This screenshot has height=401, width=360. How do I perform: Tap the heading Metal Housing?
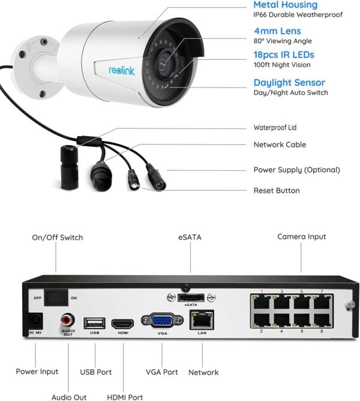click(x=285, y=5)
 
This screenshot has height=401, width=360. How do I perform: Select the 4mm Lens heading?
click(x=277, y=31)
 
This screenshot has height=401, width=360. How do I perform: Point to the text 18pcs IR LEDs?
click(x=283, y=55)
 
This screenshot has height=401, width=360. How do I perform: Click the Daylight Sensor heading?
click(x=289, y=83)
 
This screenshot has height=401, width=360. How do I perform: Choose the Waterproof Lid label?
click(x=275, y=128)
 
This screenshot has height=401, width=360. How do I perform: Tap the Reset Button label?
click(x=277, y=191)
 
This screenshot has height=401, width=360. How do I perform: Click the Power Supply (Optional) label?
click(x=296, y=170)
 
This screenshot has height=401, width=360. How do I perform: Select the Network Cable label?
click(x=280, y=144)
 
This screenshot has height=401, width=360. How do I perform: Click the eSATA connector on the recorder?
click(x=191, y=298)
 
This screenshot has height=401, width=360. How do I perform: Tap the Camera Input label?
click(x=301, y=237)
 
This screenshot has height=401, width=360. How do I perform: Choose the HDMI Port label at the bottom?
click(x=125, y=397)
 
